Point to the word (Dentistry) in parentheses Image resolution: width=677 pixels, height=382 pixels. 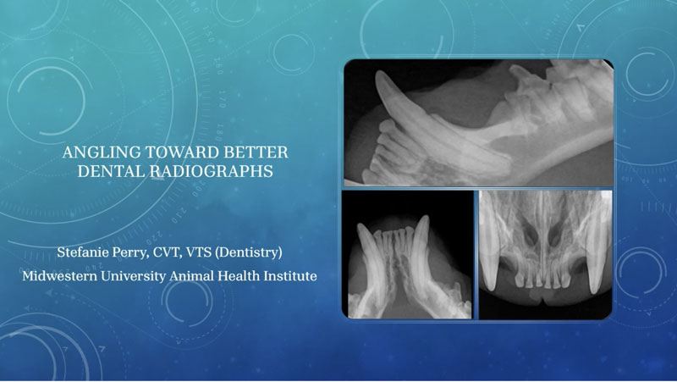249,252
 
